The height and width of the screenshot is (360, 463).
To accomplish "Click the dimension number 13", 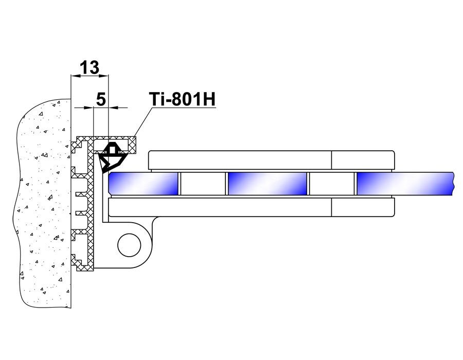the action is pyautogui.click(x=90, y=67).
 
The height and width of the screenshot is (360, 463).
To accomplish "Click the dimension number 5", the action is pyautogui.click(x=101, y=99).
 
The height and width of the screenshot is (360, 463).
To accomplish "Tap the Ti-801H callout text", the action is pyautogui.click(x=183, y=99).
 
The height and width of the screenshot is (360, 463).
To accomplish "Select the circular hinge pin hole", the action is pyautogui.click(x=129, y=245).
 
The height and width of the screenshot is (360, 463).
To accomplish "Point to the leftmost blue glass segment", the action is pyautogui.click(x=144, y=184).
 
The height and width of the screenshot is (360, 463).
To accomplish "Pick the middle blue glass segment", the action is pyautogui.click(x=267, y=184).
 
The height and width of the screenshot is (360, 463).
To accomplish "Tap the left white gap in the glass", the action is pyautogui.click(x=203, y=184).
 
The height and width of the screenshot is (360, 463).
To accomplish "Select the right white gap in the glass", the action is pyautogui.click(x=332, y=184).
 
